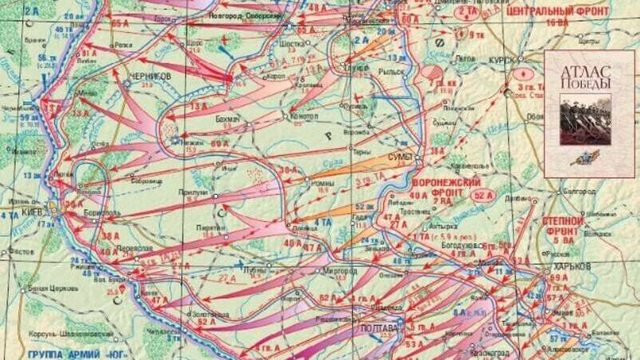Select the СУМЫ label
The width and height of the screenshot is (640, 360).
coord(400,156)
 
